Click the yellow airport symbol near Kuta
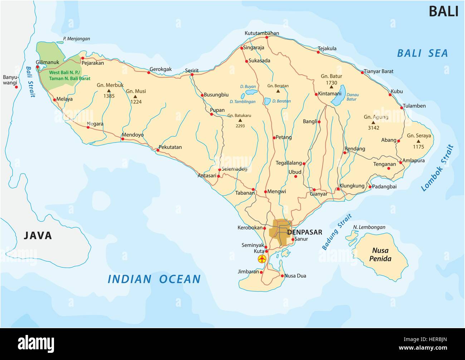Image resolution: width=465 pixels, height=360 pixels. click(x=262, y=259)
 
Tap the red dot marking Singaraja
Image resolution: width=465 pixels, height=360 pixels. click(x=242, y=48)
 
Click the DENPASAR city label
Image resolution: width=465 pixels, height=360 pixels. click(x=305, y=232)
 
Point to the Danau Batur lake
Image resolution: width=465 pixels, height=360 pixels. click(x=338, y=95)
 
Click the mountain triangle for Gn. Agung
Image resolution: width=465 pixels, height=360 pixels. click(x=373, y=122)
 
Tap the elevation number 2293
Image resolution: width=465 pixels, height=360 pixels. click(x=240, y=126)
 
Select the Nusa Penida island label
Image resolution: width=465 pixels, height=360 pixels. click(x=381, y=254)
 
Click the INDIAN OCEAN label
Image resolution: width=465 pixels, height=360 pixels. click(x=154, y=279)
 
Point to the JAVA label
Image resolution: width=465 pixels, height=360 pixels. click(x=38, y=235)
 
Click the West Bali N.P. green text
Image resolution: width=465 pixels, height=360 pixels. click(x=69, y=75)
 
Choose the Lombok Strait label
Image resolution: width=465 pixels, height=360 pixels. click(x=437, y=168)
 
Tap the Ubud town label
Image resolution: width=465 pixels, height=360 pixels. click(x=295, y=172)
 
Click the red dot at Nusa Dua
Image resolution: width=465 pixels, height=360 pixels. click(x=282, y=276)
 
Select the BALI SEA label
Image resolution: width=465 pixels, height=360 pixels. click(x=422, y=53)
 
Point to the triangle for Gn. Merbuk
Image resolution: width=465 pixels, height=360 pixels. click(x=109, y=91)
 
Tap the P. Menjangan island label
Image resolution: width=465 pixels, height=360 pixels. click(x=77, y=39)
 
